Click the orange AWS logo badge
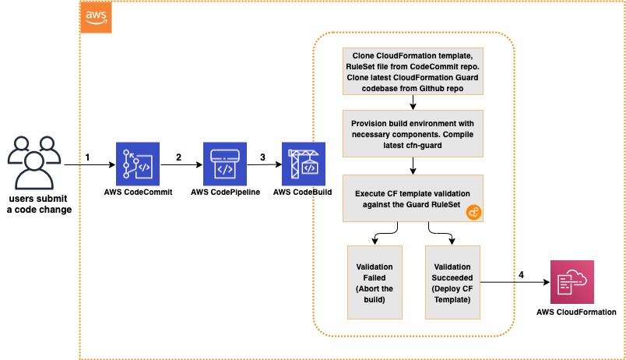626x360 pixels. (x=96, y=18)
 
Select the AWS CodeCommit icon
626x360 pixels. (x=138, y=164)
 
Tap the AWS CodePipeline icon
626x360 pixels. (x=225, y=164)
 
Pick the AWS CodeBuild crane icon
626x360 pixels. (x=304, y=164)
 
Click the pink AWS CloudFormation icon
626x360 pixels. (x=572, y=282)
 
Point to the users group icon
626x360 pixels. (x=34, y=163)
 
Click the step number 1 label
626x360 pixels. (x=87, y=157)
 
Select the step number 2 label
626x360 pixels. (x=178, y=157)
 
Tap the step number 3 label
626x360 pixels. (x=262, y=157)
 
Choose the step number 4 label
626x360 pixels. (x=521, y=275)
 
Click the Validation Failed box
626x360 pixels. (x=375, y=283)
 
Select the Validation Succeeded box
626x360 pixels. (x=452, y=283)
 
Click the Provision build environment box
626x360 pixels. (x=413, y=133)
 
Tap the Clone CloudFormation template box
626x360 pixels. (x=413, y=72)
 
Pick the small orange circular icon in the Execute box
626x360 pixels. (x=474, y=212)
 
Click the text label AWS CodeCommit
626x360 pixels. (x=138, y=192)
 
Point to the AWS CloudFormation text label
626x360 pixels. (x=576, y=312)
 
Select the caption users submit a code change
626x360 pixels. (x=39, y=204)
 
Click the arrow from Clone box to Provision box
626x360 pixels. (x=413, y=102)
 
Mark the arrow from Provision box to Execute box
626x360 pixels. (x=413, y=166)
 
